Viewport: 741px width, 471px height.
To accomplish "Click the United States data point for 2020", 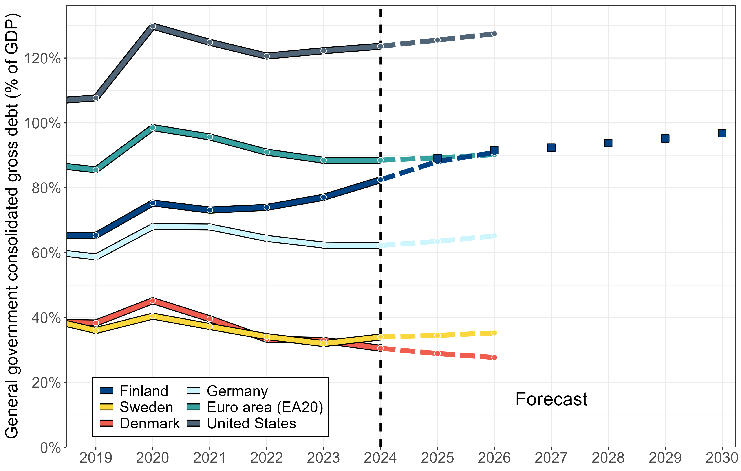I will [153, 26].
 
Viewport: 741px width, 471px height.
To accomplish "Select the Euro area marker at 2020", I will [153, 128].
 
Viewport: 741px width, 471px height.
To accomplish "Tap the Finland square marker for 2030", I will [722, 133].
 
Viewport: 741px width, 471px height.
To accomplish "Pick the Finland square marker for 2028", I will [608, 143].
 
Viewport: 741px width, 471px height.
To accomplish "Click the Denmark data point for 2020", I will [153, 301].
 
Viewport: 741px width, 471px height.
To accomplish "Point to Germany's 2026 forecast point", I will [494, 236].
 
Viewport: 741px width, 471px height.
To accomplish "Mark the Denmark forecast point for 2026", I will [494, 357].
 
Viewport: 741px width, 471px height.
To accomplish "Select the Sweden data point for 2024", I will [380, 337].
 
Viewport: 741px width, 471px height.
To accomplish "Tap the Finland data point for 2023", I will [323, 197].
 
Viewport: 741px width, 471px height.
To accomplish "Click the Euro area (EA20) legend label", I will [265, 407].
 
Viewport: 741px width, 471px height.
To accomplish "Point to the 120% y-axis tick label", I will [42, 58].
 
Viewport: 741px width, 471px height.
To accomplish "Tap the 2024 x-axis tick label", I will [380, 458].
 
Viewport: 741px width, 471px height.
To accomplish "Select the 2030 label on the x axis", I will [722, 458].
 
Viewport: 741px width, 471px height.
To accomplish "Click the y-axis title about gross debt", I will [12, 226].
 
